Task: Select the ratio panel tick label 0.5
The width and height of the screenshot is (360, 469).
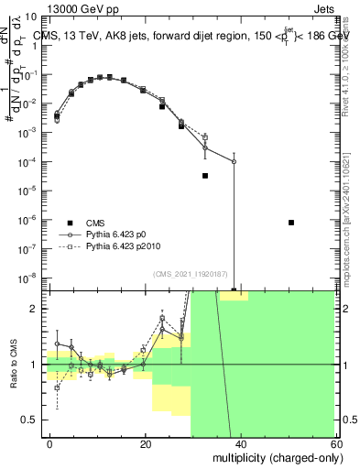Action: pos(33,420)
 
